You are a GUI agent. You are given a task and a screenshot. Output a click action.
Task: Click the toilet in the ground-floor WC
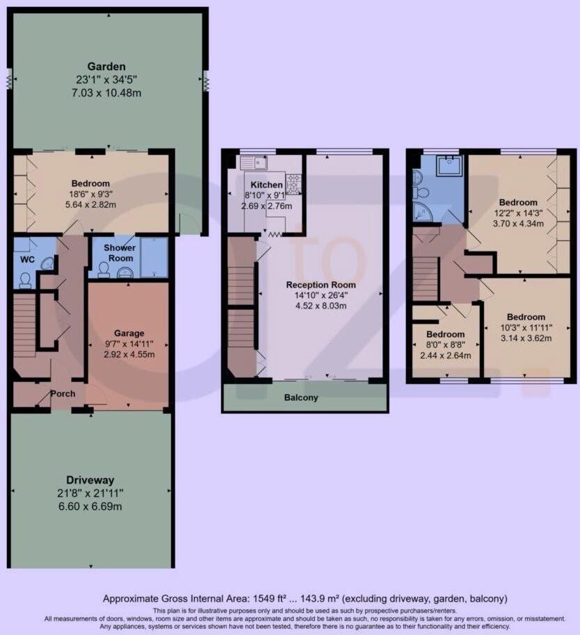pos(24,279)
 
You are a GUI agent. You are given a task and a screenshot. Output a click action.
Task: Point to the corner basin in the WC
pos(48,263)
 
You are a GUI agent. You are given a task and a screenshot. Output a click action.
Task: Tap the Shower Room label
pos(120,253)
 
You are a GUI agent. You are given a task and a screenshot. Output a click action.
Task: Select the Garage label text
pos(129,333)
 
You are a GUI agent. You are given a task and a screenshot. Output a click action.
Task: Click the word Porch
pos(63,394)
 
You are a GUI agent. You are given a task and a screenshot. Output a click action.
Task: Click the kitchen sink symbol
pos(253,163)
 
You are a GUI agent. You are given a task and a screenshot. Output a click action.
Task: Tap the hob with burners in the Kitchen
pos(293,183)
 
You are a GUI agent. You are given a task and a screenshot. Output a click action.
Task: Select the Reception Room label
pos(321,285)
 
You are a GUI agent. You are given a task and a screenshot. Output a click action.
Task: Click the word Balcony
pos(301,398)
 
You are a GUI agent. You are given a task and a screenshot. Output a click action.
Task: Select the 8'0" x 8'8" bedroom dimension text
pos(445,344)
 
